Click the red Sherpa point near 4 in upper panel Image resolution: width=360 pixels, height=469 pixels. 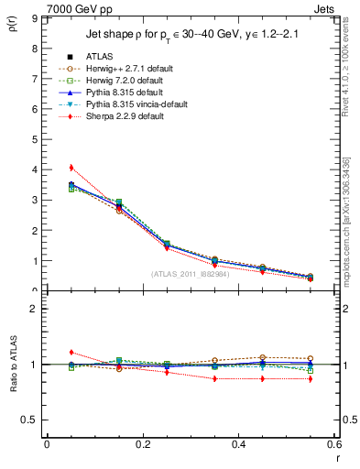click(71, 168)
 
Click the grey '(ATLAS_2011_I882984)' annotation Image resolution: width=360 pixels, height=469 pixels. click(190, 274)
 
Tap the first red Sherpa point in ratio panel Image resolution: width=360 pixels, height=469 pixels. click(71, 352)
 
